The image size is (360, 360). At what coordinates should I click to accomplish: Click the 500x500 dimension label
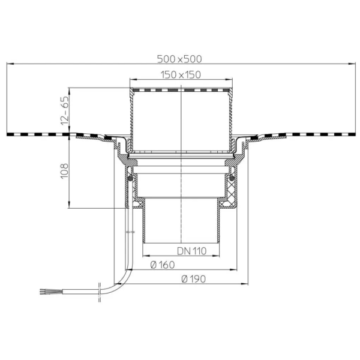(x=179, y=59)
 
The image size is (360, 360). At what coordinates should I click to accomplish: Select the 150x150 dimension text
(x=181, y=75)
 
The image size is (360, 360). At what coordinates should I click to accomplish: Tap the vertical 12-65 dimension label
(x=65, y=110)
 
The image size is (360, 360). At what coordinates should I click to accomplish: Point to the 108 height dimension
(x=65, y=171)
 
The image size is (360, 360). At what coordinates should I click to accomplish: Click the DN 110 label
(x=192, y=251)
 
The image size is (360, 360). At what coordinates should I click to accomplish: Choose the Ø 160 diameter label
(x=163, y=265)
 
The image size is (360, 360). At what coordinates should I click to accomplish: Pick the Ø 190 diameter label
(x=193, y=279)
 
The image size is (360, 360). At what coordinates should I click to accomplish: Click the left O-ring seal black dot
(x=130, y=178)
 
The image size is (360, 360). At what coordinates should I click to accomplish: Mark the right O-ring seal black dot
(x=232, y=178)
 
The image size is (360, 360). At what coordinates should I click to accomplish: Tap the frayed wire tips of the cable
(x=44, y=292)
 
